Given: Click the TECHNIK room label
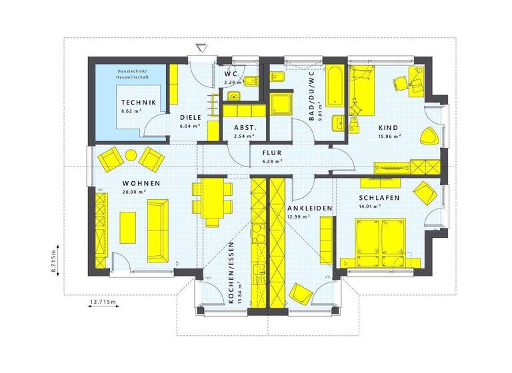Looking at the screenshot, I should tap(138, 102).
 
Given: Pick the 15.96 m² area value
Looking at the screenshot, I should tap(389, 136).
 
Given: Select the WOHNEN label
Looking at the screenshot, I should tap(140, 183).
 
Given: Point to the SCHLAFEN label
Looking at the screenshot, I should tap(378, 198).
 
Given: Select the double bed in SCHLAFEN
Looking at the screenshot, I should tap(381, 236).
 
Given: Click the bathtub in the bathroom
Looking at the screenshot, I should tap(335, 87).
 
